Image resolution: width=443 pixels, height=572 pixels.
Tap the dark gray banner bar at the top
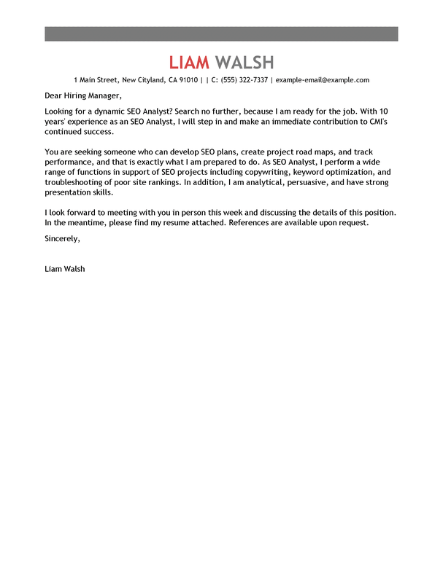pos(221,34)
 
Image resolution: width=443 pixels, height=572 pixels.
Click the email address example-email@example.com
pos(323,80)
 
